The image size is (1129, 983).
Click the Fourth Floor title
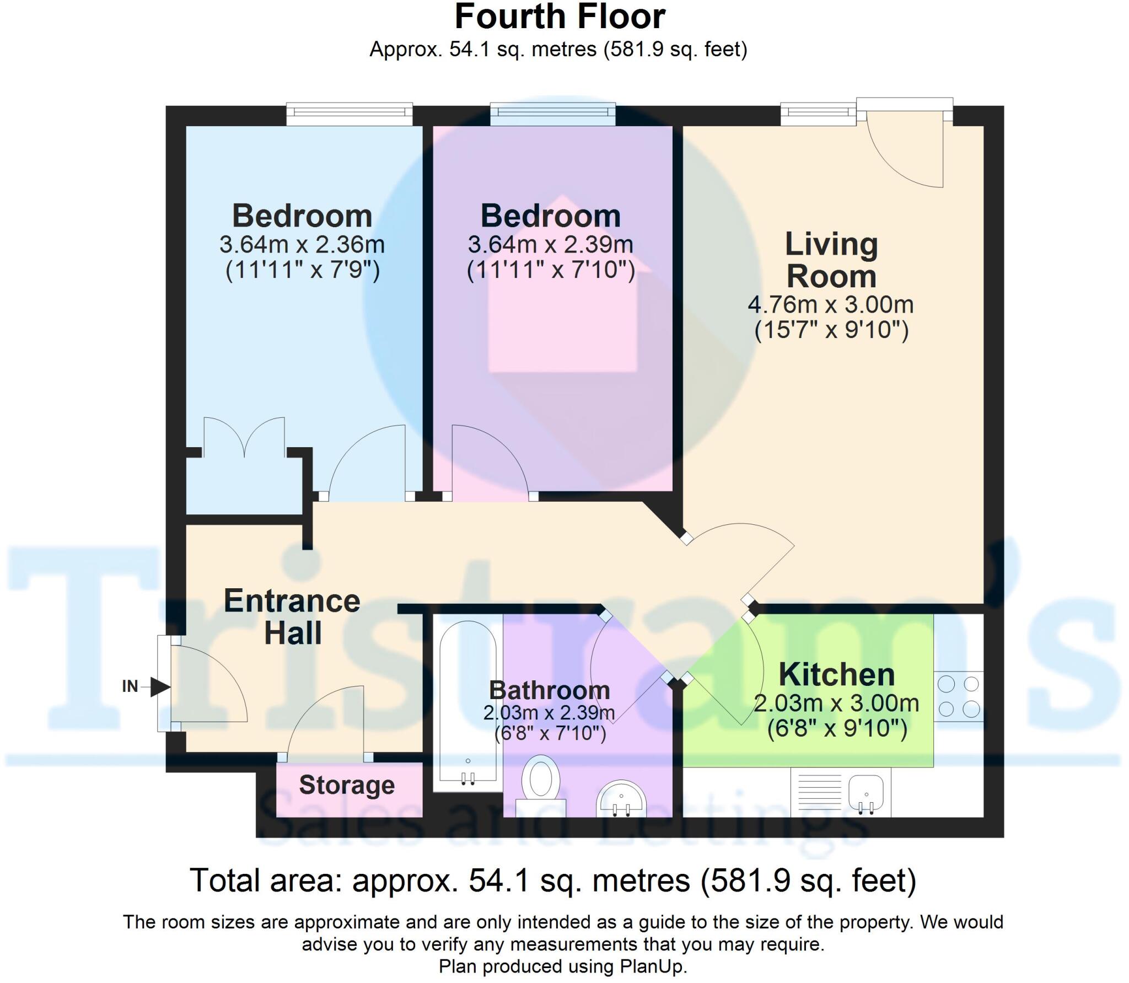click(560, 18)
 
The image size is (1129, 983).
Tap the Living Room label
click(831, 260)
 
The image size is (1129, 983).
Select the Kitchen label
click(836, 674)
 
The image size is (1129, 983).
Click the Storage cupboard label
click(347, 785)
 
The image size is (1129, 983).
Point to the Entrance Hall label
click(292, 616)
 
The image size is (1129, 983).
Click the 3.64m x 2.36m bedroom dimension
click(302, 245)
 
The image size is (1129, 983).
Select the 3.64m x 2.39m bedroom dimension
click(550, 245)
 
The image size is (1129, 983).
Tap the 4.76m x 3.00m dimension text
click(831, 304)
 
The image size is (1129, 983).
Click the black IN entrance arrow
click(160, 687)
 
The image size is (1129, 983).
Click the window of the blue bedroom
click(349, 114)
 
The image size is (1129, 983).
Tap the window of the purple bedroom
click(553, 114)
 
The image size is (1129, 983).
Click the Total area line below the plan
click(553, 880)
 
